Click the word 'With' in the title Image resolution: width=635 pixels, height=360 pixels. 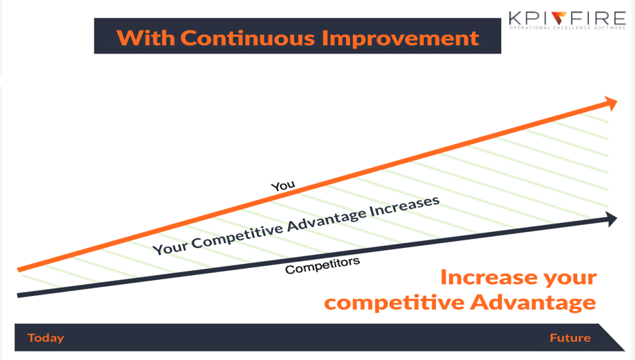pos(146,38)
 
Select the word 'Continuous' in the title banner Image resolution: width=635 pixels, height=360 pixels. pos(248,38)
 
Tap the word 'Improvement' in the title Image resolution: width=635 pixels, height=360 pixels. pos(400,39)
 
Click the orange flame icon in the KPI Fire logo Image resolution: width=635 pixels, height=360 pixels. pos(559,18)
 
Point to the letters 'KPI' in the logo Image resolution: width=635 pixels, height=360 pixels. pos(529,19)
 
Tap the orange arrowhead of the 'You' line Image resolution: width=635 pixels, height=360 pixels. pos(611,103)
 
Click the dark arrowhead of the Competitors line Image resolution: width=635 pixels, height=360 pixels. pos(611,219)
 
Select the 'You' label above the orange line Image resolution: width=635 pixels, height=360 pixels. pos(283,185)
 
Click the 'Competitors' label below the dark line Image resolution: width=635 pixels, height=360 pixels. pos(322,265)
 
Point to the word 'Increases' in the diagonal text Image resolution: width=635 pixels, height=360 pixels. pos(405,207)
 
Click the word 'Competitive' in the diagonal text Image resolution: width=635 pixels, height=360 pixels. pos(237,237)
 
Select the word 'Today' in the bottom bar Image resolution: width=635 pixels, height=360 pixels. pos(46,338)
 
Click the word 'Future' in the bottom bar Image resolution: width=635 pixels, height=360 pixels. pos(570,338)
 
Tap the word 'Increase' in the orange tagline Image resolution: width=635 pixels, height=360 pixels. pos(488,277)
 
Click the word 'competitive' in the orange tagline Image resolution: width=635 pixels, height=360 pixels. pos(395,303)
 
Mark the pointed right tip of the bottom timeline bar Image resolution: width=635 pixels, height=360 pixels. pos(625,350)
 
